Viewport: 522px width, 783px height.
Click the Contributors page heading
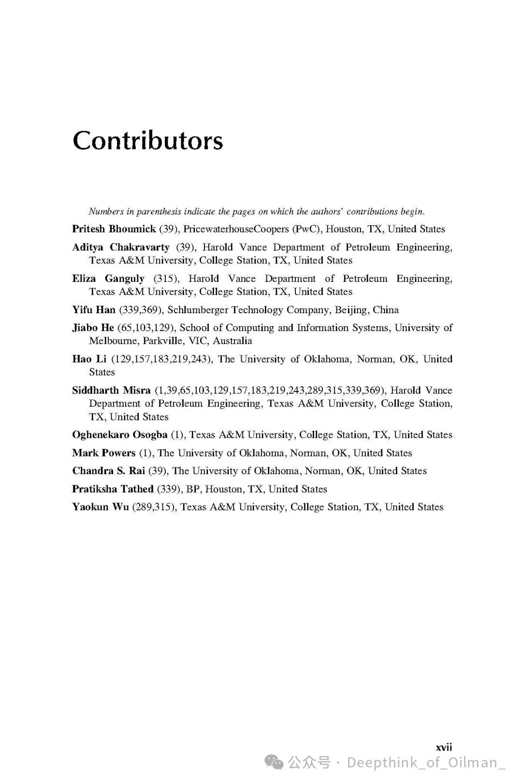click(148, 141)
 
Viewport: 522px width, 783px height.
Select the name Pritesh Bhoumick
click(114, 229)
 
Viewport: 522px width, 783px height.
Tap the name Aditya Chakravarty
click(121, 247)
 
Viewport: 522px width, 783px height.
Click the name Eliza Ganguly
click(108, 279)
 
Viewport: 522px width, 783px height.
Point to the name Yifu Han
click(94, 310)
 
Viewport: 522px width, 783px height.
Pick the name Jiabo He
click(93, 328)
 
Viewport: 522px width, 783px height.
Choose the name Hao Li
click(89, 360)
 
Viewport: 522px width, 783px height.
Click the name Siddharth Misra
click(111, 391)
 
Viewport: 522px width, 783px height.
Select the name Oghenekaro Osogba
click(119, 435)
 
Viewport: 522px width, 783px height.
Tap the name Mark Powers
click(103, 453)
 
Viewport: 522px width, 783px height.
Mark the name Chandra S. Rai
click(108, 471)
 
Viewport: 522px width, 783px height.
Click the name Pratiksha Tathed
click(113, 489)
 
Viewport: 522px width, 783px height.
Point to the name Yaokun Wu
click(100, 507)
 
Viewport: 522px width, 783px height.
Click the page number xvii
click(444, 747)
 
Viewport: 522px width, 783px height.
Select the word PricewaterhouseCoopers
click(236, 229)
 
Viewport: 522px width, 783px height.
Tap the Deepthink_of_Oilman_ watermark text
click(425, 763)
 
